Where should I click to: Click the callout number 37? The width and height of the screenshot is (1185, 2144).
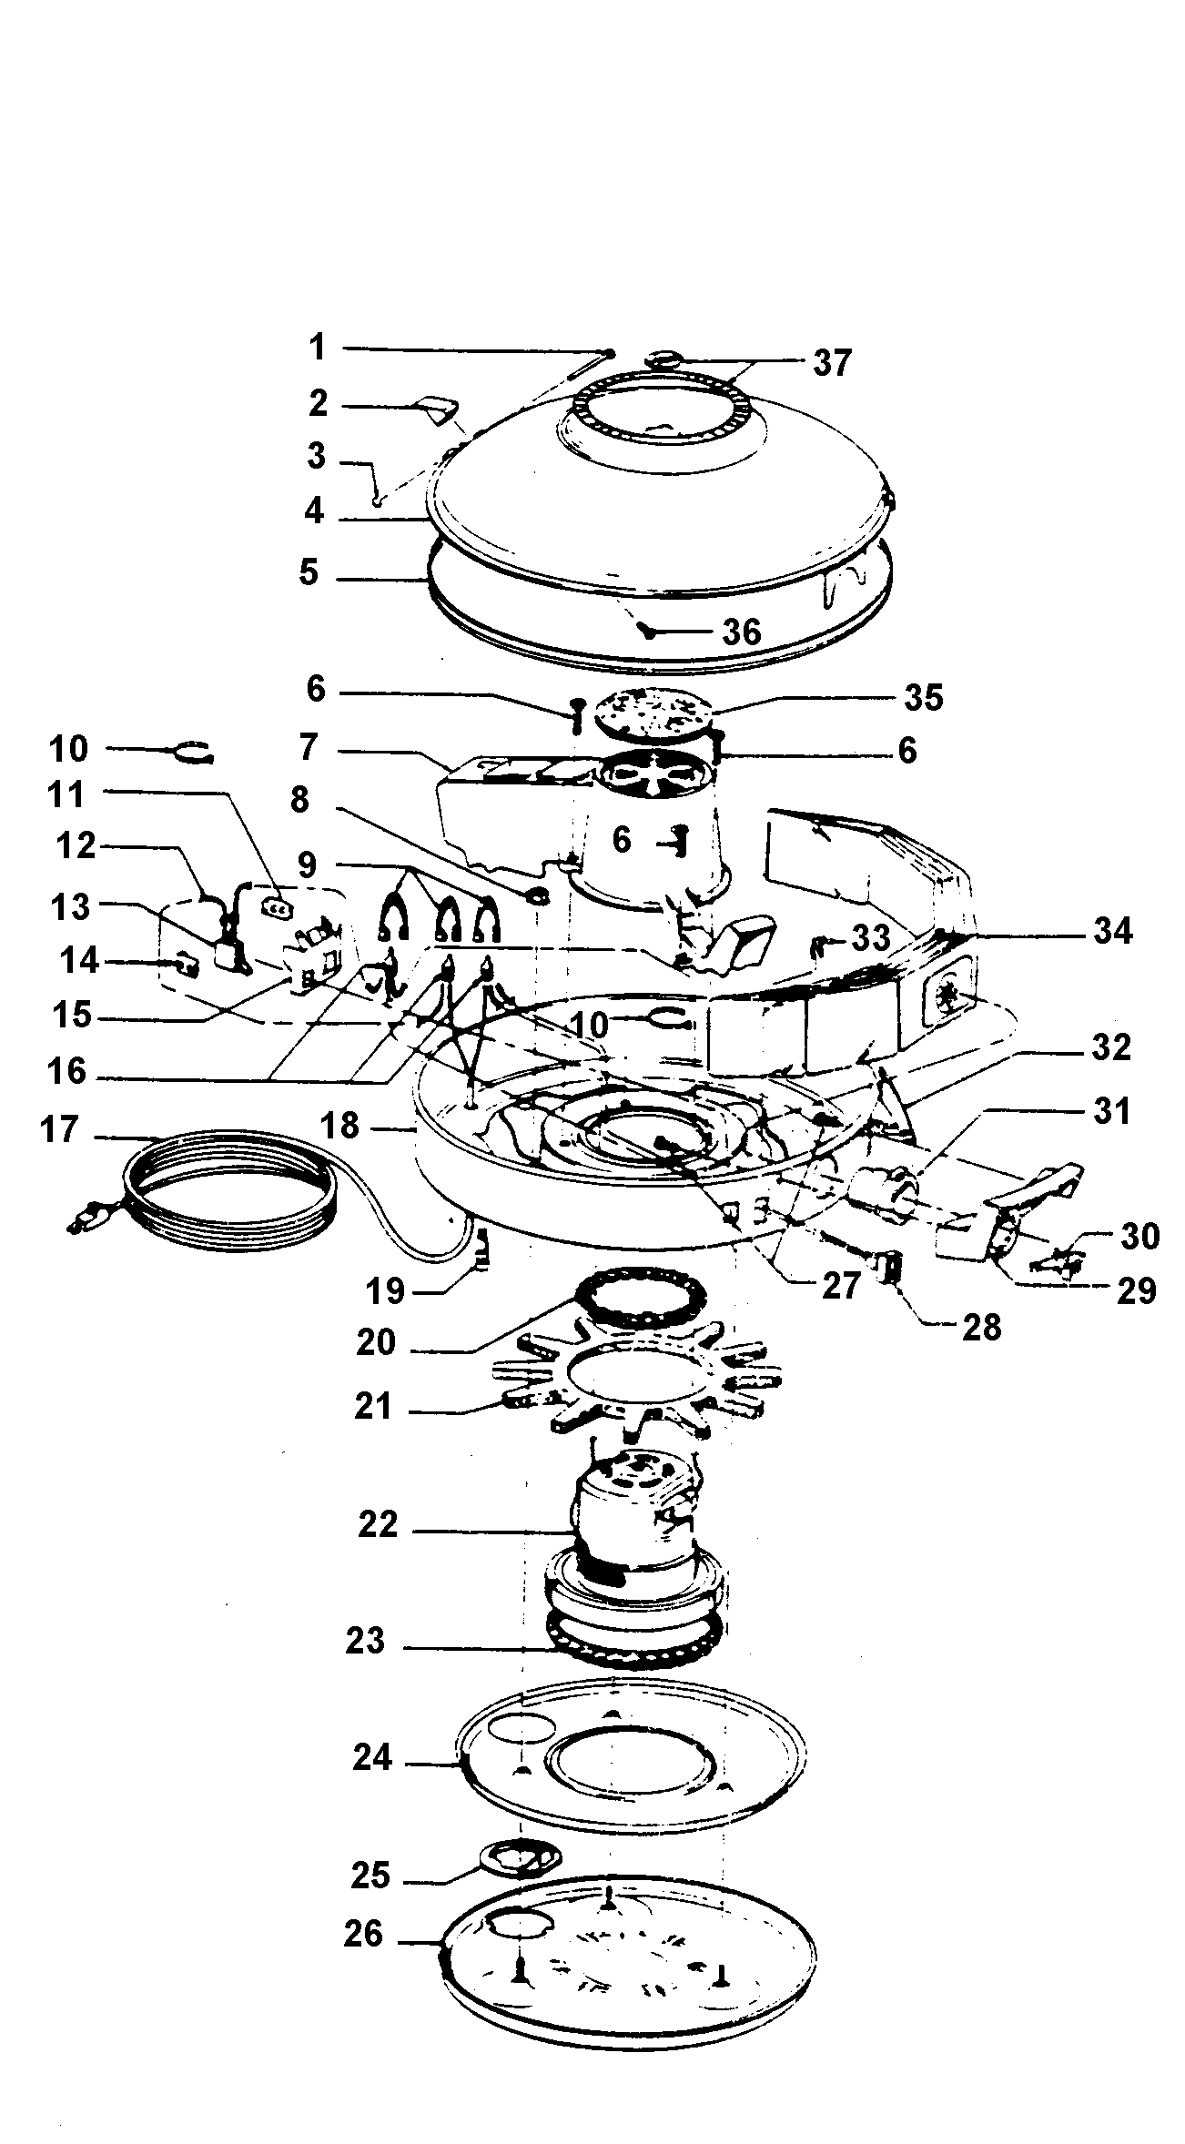[832, 363]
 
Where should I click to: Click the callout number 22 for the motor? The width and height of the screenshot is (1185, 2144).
[378, 1523]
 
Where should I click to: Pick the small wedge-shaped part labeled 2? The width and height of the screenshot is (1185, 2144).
[438, 409]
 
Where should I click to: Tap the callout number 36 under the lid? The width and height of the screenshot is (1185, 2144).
[741, 631]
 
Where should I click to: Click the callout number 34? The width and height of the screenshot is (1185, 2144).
[1111, 931]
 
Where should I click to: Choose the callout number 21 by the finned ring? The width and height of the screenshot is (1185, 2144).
[373, 1407]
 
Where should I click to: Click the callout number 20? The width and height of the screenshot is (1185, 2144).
[375, 1342]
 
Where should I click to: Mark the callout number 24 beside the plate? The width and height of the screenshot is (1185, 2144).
[372, 1757]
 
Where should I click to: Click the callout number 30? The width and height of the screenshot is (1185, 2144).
[1139, 1236]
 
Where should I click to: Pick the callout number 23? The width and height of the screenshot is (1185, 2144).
[366, 1641]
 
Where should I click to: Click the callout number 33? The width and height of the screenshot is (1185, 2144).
[870, 937]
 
